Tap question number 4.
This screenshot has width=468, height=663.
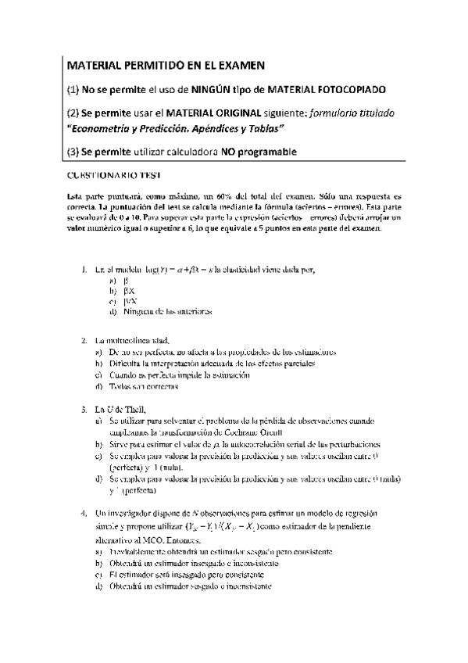click(x=84, y=512)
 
